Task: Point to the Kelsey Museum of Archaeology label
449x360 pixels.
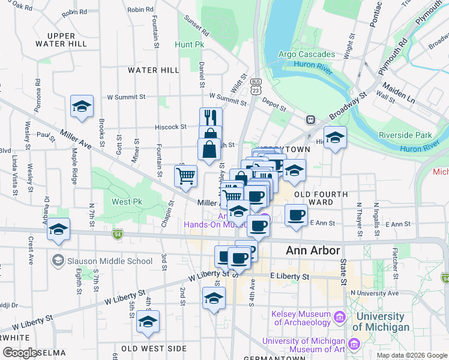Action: pos(301,318)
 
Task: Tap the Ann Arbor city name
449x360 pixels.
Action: pos(313,250)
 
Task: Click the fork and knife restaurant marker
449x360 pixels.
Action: pos(211,116)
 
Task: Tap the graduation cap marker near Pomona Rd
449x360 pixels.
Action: pos(82,107)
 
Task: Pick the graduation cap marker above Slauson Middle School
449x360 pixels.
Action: pos(59,230)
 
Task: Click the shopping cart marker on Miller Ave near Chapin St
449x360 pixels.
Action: pos(186,176)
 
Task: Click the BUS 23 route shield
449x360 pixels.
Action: pos(256,88)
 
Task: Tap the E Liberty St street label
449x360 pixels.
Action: pos(289,276)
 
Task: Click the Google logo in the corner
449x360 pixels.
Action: pos(20,353)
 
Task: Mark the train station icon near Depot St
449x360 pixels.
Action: pos(311,119)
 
